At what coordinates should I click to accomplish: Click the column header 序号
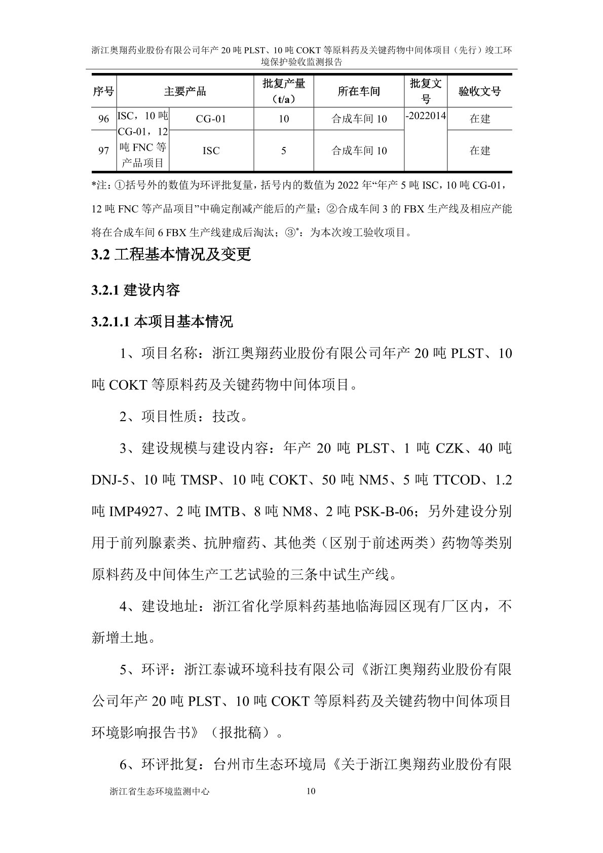tap(103, 92)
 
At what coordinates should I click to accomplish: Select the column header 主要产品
tap(185, 92)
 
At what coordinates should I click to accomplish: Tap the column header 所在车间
tap(359, 92)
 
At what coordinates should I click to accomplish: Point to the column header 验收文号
tap(479, 92)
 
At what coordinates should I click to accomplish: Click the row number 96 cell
tap(103, 119)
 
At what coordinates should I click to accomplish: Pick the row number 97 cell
tap(103, 151)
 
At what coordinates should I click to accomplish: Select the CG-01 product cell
tap(211, 119)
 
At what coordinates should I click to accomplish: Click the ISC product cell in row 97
tap(211, 151)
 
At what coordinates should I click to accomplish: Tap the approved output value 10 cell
tap(283, 119)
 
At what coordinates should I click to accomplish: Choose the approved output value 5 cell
tap(283, 151)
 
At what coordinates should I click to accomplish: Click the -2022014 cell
tap(426, 116)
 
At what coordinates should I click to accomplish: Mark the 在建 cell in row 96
tap(479, 119)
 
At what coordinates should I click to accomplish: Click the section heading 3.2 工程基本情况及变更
tap(171, 254)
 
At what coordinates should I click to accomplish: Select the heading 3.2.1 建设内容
tap(136, 290)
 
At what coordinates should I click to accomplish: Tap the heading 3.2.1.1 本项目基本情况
tap(162, 322)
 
